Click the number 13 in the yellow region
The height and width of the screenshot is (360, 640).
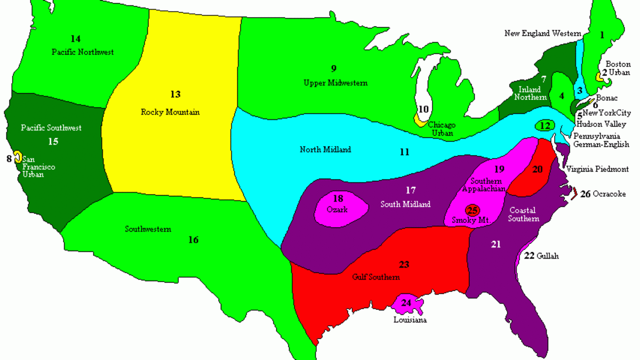175,94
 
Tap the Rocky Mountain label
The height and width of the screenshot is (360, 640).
170,112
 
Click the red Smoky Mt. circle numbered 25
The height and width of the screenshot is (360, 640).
472,210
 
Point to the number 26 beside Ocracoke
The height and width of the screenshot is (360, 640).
585,194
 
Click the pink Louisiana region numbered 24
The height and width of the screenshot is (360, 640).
407,304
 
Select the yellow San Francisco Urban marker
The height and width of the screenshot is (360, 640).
17,156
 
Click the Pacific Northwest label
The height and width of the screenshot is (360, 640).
83,52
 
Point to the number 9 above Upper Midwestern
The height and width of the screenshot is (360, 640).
333,68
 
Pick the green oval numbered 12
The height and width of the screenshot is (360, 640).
544,126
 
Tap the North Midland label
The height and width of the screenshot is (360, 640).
325,149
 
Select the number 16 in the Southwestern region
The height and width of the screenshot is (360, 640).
193,240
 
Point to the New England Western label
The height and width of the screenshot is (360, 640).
542,34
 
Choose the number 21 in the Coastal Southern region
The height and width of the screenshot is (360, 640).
496,244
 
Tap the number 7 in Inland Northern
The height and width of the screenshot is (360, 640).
543,79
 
